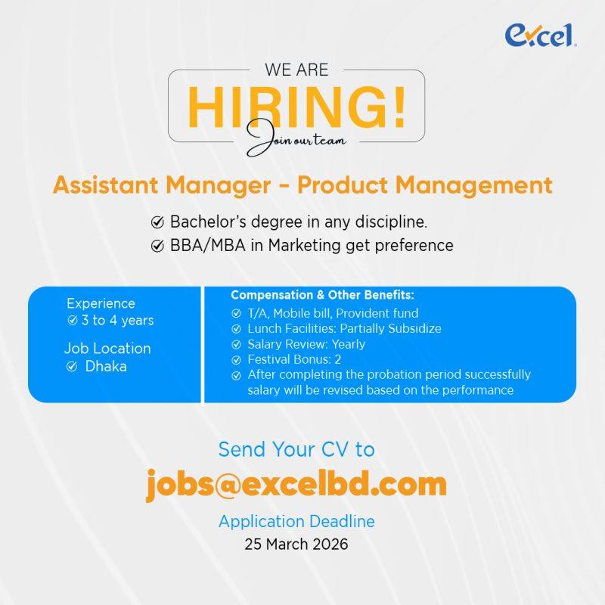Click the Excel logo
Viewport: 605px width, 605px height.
[541, 35]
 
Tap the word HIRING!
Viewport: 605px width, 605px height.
[296, 107]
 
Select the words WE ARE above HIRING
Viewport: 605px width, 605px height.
[296, 70]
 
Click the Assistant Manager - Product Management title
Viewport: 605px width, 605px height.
[302, 185]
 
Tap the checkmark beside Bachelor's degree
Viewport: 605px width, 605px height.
[157, 223]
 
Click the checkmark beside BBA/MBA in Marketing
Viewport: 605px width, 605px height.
[157, 246]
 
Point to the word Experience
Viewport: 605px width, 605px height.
[101, 303]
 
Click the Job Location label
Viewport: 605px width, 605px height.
[107, 349]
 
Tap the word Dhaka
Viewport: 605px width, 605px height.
[106, 367]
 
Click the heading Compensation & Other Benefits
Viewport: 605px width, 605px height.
[322, 295]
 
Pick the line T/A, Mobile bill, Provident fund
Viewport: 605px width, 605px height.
[333, 313]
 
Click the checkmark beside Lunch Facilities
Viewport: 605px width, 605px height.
[236, 329]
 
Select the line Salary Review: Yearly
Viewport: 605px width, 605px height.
[306, 344]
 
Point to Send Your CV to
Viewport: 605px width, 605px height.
[296, 449]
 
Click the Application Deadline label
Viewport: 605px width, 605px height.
[296, 522]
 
